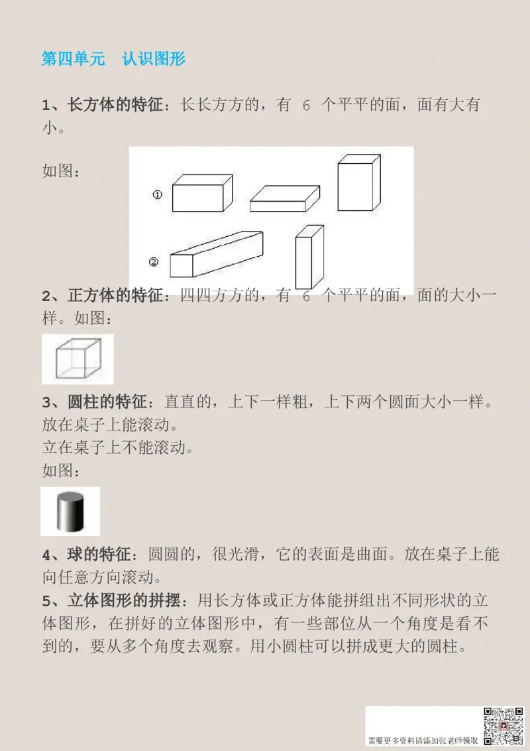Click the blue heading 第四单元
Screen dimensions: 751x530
coord(74,58)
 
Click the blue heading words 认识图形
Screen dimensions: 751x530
coord(154,58)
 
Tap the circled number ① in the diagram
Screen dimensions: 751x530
coord(158,195)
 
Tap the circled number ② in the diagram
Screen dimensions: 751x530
coord(154,261)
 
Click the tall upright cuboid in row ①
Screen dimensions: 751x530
coord(358,183)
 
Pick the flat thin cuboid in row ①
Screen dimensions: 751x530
coord(284,198)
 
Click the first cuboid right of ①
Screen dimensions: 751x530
coord(201,194)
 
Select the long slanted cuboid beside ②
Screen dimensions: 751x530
coord(215,254)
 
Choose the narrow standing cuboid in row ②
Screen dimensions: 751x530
coord(309,257)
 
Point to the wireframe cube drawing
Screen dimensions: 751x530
coord(78,359)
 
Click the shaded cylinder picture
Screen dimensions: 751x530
coord(70,511)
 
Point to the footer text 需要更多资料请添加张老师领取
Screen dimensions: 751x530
coord(423,740)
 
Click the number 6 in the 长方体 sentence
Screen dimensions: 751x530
coord(306,105)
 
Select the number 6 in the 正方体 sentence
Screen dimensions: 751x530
coord(306,297)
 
